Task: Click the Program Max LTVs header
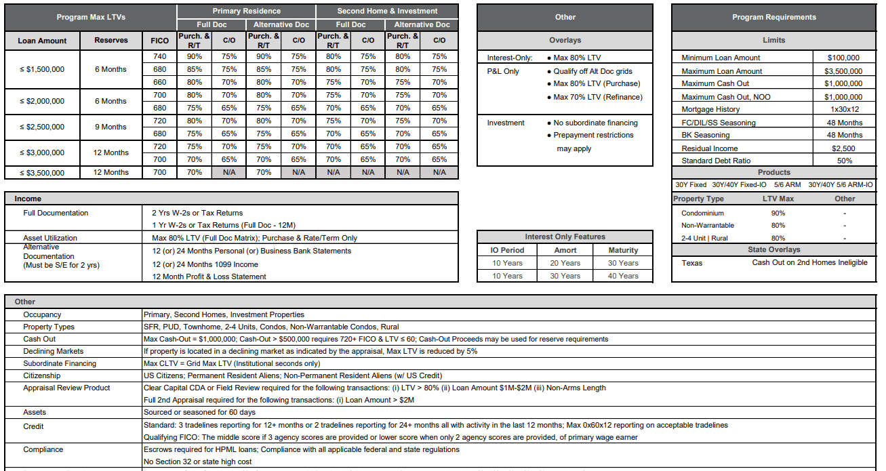pos(90,17)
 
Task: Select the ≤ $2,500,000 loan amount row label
pos(41,127)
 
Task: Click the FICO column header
pos(160,41)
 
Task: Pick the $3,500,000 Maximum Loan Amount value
pos(843,71)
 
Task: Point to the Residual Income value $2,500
pos(843,148)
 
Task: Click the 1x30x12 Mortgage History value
pos(844,109)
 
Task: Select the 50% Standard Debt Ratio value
pos(844,161)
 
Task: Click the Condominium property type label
pos(702,213)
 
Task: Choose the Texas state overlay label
pos(692,263)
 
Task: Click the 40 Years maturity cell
pos(623,276)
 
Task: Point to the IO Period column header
pos(507,250)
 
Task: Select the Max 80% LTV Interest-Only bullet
pos(577,58)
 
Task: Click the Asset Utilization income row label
pos(50,238)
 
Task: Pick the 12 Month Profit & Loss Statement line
pos(209,277)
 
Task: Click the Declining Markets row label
pos(54,351)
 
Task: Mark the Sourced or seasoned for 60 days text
pos(199,412)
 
